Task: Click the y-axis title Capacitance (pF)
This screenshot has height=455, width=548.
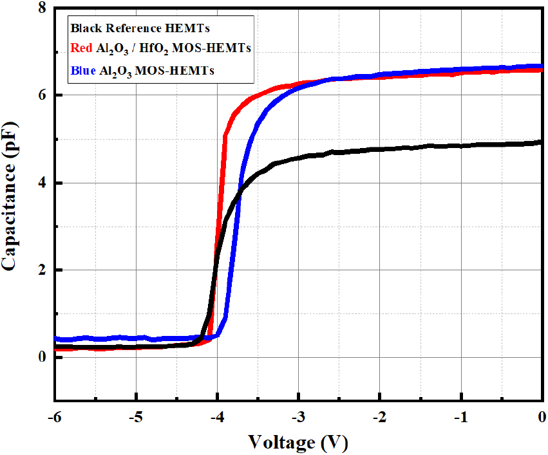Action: pyautogui.click(x=9, y=196)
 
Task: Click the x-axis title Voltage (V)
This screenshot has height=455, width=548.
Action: pyautogui.click(x=298, y=443)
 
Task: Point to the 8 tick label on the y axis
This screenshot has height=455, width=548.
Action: pyautogui.click(x=43, y=7)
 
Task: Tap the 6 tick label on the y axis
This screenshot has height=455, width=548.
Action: pyautogui.click(x=43, y=95)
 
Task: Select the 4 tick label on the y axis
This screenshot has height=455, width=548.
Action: pyautogui.click(x=43, y=183)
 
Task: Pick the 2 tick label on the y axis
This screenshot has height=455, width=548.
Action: pyautogui.click(x=43, y=270)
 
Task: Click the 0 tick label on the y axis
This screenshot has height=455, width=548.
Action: pyautogui.click(x=43, y=357)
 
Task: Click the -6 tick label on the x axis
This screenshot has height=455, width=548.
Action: pyautogui.click(x=54, y=417)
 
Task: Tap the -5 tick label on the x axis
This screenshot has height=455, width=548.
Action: pyautogui.click(x=136, y=417)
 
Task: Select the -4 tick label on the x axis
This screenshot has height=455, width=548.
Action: pyautogui.click(x=217, y=417)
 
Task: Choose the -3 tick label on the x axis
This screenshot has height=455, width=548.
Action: pyautogui.click(x=298, y=417)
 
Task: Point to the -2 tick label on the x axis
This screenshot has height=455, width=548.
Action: pyautogui.click(x=379, y=417)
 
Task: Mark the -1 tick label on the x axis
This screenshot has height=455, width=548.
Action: pyautogui.click(x=461, y=417)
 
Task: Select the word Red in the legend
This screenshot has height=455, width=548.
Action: pyautogui.click(x=81, y=48)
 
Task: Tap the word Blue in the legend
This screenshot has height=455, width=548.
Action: pyautogui.click(x=83, y=71)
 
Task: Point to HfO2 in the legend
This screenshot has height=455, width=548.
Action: pyautogui.click(x=154, y=48)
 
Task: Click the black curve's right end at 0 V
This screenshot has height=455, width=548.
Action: pyautogui.click(x=542, y=142)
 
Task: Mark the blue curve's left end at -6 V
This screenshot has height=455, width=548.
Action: pyautogui.click(x=57, y=339)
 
